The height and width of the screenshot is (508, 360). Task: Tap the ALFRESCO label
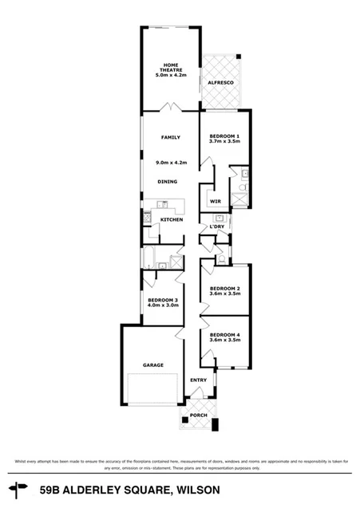[220, 82]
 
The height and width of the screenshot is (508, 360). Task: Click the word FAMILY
[171, 137]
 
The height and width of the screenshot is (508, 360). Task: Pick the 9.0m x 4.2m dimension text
[171, 162]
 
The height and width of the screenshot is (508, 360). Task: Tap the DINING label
[167, 181]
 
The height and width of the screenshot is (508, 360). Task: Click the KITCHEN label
[172, 219]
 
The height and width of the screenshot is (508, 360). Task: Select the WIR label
[215, 201]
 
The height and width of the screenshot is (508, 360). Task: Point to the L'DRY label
[216, 227]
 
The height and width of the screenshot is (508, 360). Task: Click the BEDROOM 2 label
[224, 288]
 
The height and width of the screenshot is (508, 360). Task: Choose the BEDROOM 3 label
[162, 299]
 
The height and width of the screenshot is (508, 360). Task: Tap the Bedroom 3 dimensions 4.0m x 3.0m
[162, 305]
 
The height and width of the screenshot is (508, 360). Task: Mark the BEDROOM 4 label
[224, 334]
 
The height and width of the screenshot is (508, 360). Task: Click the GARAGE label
[153, 364]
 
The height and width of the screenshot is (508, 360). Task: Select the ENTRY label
[199, 380]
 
